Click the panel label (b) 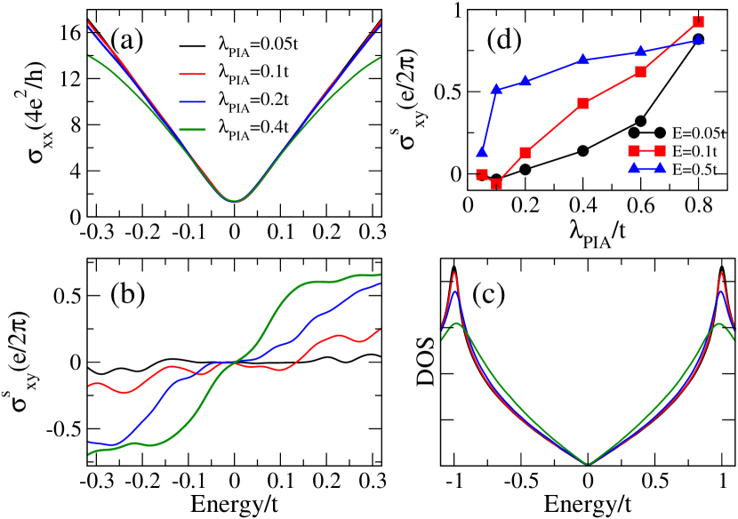[x=130, y=295]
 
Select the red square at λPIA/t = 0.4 [x=583, y=103]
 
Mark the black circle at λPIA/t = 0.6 [x=640, y=121]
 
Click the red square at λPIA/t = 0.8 [x=698, y=21]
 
